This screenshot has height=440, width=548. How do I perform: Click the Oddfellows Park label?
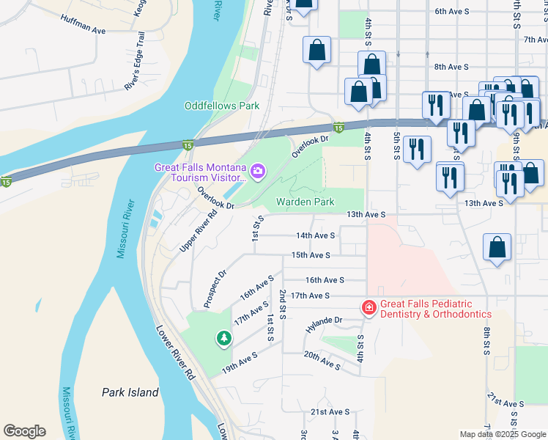click(x=221, y=106)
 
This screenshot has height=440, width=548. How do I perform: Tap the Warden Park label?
click(x=305, y=202)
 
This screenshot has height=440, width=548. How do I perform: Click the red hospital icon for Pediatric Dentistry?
click(x=369, y=309)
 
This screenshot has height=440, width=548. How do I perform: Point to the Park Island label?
click(x=130, y=392)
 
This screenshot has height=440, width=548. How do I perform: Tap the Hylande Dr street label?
click(x=324, y=320)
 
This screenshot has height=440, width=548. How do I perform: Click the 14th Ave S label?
click(x=315, y=235)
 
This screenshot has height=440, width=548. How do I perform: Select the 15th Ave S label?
click(x=311, y=255)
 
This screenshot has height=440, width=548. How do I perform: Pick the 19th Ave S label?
click(x=240, y=361)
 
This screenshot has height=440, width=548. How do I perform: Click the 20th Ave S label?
click(x=322, y=361)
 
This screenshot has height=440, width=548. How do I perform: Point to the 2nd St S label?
click(x=282, y=303)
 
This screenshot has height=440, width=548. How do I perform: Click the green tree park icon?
click(x=223, y=339)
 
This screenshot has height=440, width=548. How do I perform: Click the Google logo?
click(x=24, y=431)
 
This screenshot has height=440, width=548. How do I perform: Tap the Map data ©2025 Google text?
click(x=502, y=434)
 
